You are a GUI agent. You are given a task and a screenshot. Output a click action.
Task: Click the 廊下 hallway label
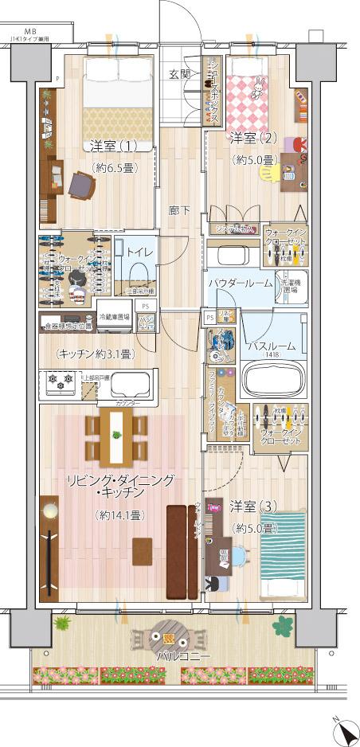(x=178, y=211)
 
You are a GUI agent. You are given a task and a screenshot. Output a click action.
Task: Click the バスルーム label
(x=271, y=346)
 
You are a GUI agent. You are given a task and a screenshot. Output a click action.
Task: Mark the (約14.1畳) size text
(x=119, y=515)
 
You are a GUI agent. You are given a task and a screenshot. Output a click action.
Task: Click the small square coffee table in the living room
(x=143, y=549)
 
